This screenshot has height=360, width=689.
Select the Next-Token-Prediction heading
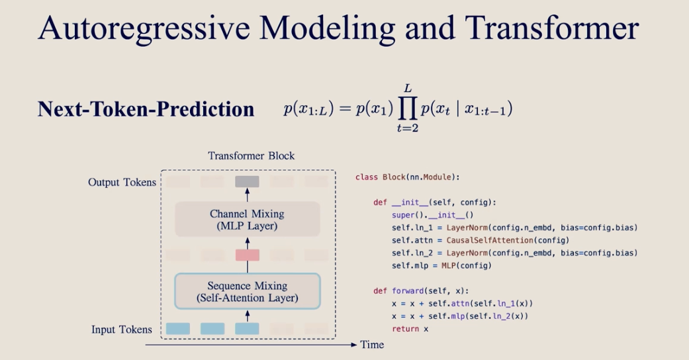pos(146,109)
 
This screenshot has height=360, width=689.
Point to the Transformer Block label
pos(251,156)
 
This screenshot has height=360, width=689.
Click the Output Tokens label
pos(122,182)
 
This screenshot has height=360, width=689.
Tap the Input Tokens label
pos(122,329)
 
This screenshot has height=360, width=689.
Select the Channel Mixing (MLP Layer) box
pos(247,220)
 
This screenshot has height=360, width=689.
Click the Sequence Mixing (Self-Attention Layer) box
pos(247,292)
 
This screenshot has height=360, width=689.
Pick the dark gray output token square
pos(247,181)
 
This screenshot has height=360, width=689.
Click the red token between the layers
pos(247,255)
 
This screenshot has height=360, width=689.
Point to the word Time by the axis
pos(372,345)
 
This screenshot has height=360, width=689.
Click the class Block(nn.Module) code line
pos(406,177)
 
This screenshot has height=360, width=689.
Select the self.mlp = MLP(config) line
pos(441,265)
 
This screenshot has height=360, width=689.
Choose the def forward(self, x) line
pos(420,291)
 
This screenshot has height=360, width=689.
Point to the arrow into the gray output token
pos(247,195)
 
